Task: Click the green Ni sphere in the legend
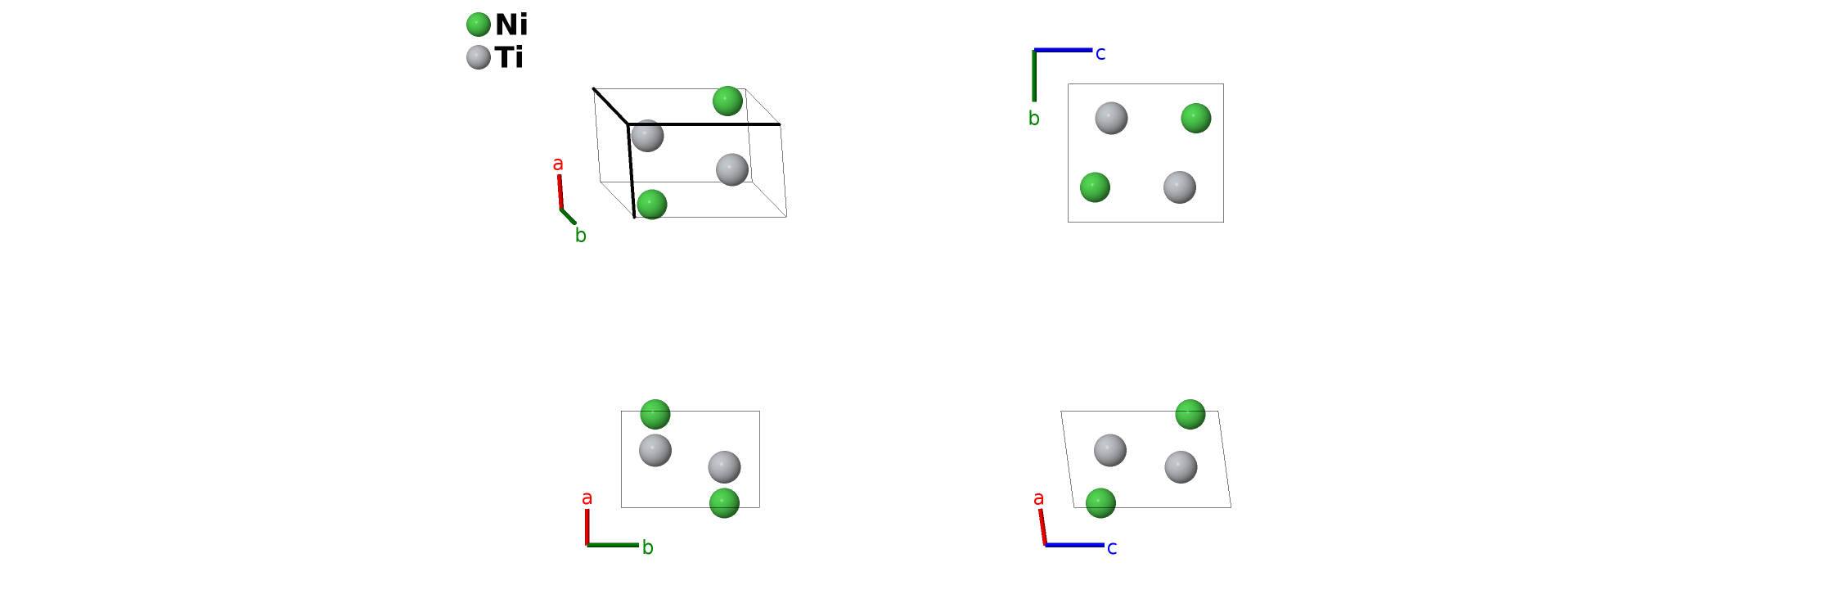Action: pyautogui.click(x=479, y=25)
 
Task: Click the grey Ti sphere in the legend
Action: pyautogui.click(x=479, y=57)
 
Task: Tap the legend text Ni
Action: pyautogui.click(x=511, y=25)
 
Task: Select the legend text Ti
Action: pyautogui.click(x=509, y=57)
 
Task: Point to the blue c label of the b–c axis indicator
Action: pyautogui.click(x=1100, y=54)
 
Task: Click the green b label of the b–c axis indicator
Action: pyautogui.click(x=1034, y=119)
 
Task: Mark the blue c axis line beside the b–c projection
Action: pyautogui.click(x=1064, y=50)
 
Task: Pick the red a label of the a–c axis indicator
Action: pyautogui.click(x=1038, y=499)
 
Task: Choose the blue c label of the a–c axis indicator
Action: pyautogui.click(x=1112, y=548)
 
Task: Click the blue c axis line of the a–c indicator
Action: pyautogui.click(x=1074, y=545)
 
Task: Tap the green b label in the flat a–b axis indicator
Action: pyautogui.click(x=647, y=548)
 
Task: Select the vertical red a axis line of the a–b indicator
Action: pyautogui.click(x=587, y=526)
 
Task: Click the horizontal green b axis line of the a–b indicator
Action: pyautogui.click(x=613, y=545)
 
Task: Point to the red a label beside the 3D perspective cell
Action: pyautogui.click(x=558, y=164)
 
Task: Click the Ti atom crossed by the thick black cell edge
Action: pyautogui.click(x=647, y=136)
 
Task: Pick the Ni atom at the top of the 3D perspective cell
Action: pyautogui.click(x=727, y=101)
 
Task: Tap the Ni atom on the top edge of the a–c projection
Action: pyautogui.click(x=1190, y=414)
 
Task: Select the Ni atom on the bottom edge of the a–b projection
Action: pyautogui.click(x=724, y=503)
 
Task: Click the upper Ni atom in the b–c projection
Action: pyautogui.click(x=1196, y=118)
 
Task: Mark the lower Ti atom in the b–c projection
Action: pyautogui.click(x=1180, y=187)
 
